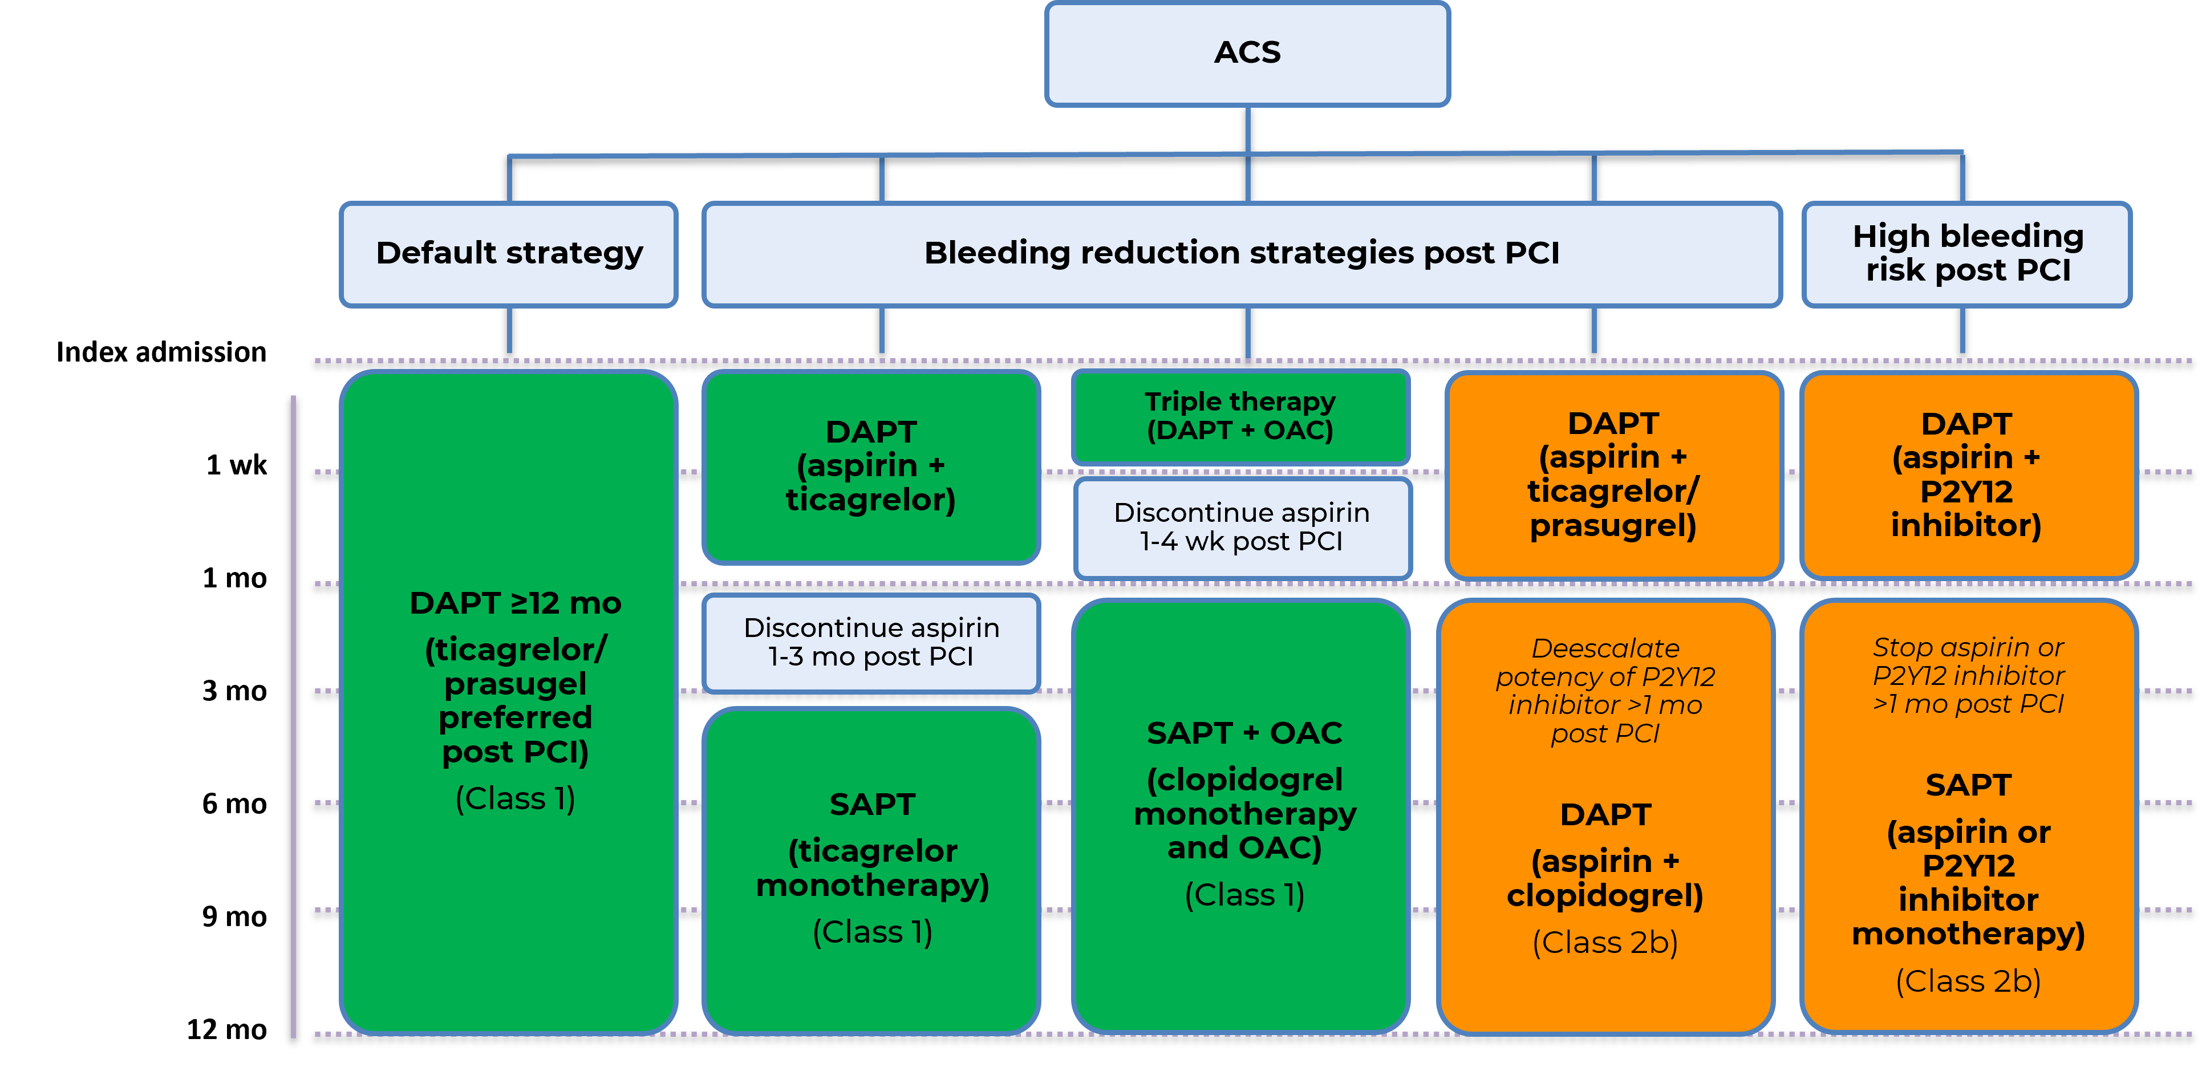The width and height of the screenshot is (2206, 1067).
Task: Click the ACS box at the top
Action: pos(1247,53)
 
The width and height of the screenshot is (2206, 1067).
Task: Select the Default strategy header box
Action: pos(509,253)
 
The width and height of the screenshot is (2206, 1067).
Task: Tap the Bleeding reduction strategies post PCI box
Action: pos(1242,253)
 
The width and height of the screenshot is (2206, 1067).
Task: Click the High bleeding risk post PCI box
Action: pos(1967,253)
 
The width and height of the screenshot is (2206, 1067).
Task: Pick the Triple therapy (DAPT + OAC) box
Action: pos(1240,416)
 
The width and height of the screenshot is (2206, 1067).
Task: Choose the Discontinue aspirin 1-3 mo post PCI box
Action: pos(871,642)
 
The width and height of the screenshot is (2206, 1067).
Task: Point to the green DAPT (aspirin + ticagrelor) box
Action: pos(871,466)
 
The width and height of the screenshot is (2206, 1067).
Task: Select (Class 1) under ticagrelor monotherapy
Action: pos(872,932)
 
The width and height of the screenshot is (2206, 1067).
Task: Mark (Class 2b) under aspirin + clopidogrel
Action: pos(1605,943)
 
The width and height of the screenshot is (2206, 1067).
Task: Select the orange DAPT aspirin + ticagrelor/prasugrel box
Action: pos(1613,474)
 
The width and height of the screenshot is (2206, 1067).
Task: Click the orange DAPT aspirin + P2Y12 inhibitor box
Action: pos(1967,474)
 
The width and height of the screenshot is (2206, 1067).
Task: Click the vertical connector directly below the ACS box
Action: pos(1248,128)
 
